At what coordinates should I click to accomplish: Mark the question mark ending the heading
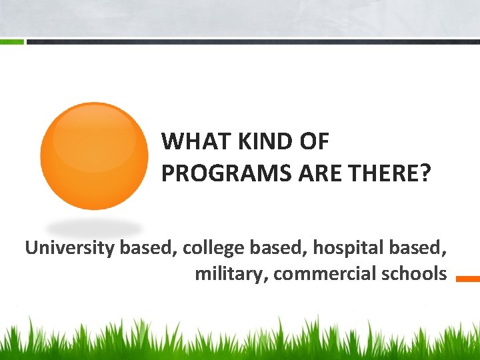(x=425, y=173)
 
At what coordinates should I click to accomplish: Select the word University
(x=70, y=248)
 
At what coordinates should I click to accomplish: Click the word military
(x=231, y=273)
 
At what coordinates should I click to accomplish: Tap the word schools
(x=413, y=273)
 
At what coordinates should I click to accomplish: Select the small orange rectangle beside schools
(x=467, y=279)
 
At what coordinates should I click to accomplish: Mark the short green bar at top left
(x=12, y=41)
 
